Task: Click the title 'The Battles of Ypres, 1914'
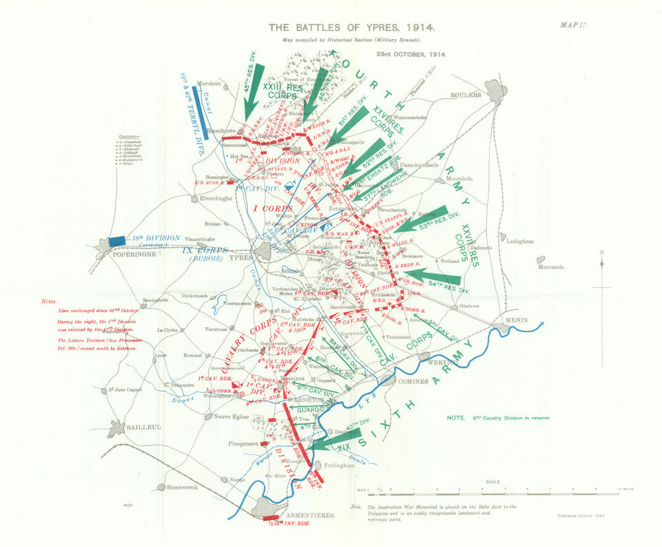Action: (351, 28)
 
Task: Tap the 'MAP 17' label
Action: (573, 25)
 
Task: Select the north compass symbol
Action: (602, 264)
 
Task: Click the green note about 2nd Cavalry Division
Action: (498, 418)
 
